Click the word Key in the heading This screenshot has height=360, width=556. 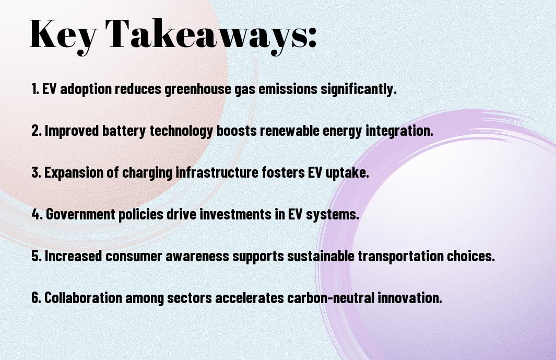pos(63,34)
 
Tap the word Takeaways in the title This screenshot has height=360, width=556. pos(206,34)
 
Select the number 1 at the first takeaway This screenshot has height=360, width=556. pos(34,89)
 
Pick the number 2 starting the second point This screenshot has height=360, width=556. pos(36,131)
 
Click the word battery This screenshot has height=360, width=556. pos(124,131)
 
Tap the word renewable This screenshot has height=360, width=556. pos(290,130)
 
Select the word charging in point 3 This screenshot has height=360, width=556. pos(147,173)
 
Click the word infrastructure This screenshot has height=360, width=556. pos(217,172)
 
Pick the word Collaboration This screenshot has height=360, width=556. pos(84,297)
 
